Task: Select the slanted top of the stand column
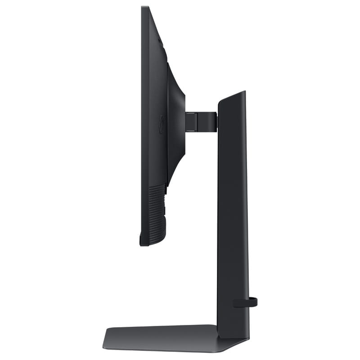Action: [232, 97]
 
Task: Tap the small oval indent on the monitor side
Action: [162, 122]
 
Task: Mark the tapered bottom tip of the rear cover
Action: [168, 182]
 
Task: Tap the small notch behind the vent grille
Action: [165, 210]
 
